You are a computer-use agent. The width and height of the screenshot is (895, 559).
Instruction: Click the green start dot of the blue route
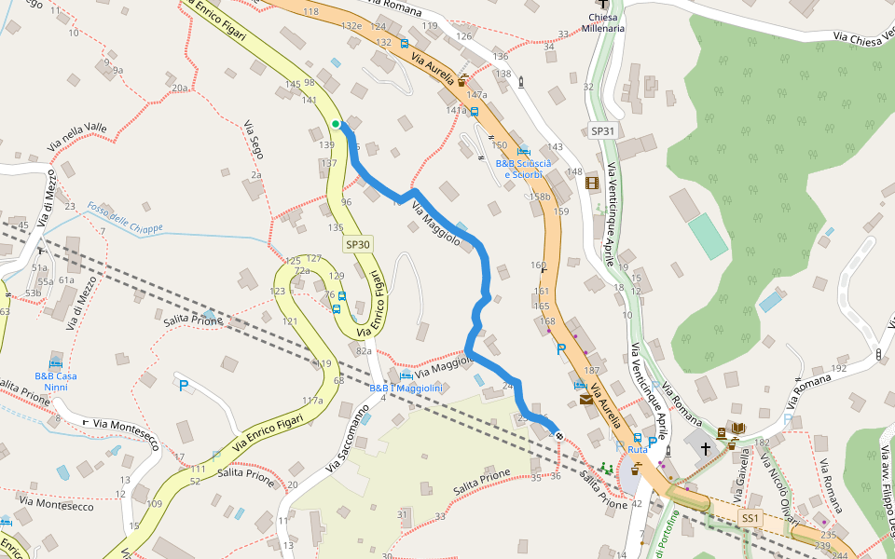(x=336, y=124)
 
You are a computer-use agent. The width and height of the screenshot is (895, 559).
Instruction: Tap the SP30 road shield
(x=358, y=244)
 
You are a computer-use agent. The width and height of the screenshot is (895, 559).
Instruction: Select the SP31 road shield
(x=603, y=131)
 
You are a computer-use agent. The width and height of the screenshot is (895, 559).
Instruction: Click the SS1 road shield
(x=750, y=517)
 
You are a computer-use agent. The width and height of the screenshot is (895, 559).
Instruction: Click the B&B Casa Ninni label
(x=56, y=381)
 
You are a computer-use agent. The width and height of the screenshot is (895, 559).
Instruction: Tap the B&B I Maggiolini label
(x=406, y=388)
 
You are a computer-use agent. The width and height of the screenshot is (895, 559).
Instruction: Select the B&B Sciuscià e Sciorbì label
(x=523, y=169)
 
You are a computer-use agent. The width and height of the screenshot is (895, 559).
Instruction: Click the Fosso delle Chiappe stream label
(x=125, y=219)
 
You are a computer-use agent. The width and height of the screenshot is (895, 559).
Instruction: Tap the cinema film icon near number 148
(x=592, y=182)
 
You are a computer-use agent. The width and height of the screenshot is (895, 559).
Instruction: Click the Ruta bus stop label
(x=638, y=450)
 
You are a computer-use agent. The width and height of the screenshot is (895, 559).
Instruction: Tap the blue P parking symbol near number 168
(x=561, y=349)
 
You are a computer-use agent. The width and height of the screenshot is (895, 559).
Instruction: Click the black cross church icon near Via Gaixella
(x=706, y=449)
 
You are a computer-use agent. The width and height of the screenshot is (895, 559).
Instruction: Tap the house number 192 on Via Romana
(x=838, y=368)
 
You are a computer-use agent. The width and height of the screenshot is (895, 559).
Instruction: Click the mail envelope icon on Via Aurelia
(x=585, y=400)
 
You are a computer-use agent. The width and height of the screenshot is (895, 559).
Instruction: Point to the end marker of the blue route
(x=558, y=435)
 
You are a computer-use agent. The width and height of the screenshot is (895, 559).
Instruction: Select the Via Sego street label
(x=253, y=139)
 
